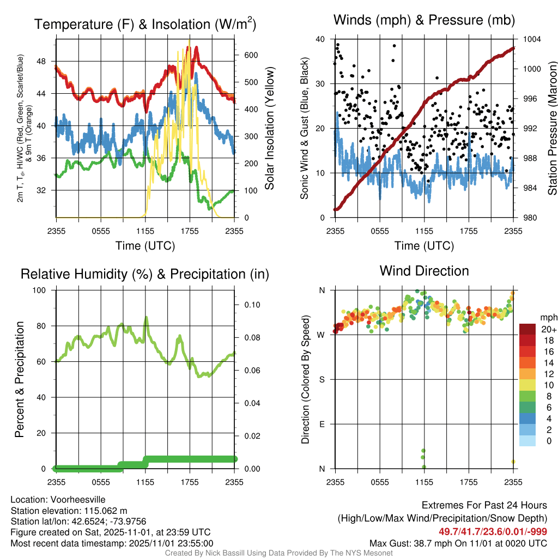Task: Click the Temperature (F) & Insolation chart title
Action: [145, 25]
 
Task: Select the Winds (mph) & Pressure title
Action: [424, 20]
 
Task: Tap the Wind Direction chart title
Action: [424, 271]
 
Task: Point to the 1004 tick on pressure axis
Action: [531, 39]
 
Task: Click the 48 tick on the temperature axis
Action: [45, 61]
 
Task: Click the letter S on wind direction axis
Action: [322, 379]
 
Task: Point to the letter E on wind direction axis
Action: [322, 424]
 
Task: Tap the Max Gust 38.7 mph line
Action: [458, 543]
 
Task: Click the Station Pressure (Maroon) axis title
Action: [551, 129]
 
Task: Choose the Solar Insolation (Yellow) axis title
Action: [269, 129]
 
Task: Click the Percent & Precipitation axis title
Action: [19, 379]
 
